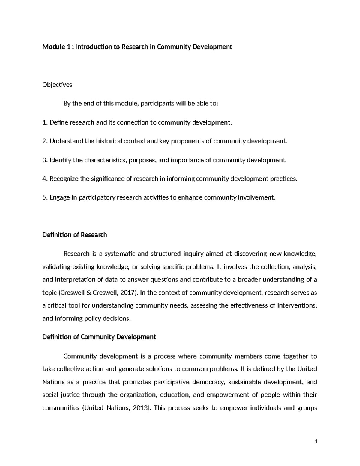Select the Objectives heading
[57, 85]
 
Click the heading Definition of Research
[75, 235]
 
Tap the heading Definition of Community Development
[99, 337]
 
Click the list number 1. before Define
[45, 122]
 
